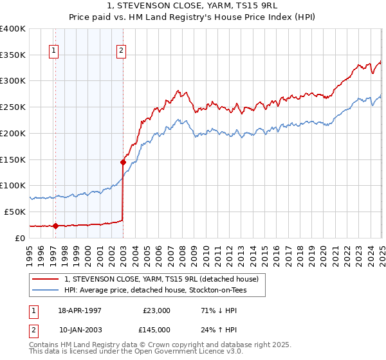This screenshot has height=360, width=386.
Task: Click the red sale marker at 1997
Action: click(55, 226)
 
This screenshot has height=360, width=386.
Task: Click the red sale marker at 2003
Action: click(123, 162)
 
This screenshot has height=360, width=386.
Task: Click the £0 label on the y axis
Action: click(21, 238)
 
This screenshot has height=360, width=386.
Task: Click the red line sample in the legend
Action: click(45, 279)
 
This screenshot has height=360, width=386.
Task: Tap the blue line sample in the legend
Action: click(45, 290)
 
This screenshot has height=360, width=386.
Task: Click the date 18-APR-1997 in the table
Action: click(80, 310)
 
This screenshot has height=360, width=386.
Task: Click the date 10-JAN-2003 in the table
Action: click(80, 330)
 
